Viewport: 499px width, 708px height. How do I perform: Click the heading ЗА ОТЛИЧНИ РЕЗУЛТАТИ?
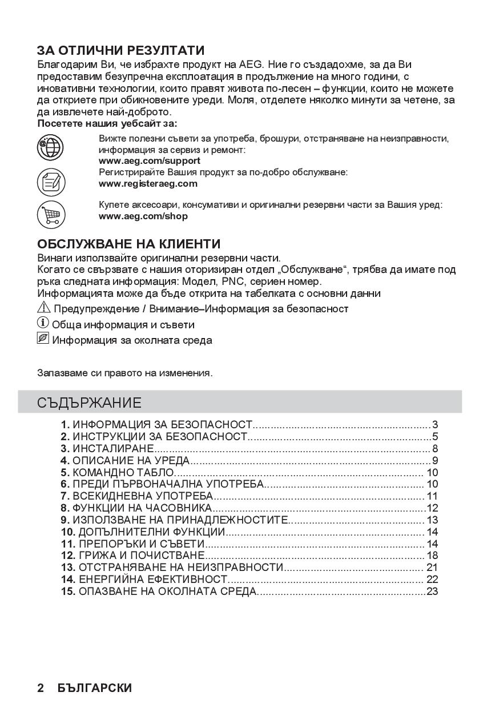click(120, 51)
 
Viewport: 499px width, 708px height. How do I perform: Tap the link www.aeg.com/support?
click(149, 161)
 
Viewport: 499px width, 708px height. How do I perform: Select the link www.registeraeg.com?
click(148, 183)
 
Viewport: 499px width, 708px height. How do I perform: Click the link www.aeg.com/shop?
click(143, 216)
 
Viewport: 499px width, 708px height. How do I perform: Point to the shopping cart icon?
click(51, 215)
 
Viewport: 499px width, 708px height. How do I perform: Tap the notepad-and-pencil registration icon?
click(51, 182)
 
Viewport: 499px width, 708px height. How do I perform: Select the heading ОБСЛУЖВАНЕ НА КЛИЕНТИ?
click(128, 244)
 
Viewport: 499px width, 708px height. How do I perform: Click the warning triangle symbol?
click(44, 308)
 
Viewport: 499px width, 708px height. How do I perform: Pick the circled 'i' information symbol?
click(43, 324)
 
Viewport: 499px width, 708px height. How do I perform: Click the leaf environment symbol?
click(43, 339)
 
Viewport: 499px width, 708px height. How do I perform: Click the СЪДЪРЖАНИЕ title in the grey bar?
click(89, 403)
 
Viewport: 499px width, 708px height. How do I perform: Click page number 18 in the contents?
click(432, 556)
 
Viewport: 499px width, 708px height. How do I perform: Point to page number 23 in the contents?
click(432, 591)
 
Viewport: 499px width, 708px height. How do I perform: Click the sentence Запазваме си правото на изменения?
click(124, 373)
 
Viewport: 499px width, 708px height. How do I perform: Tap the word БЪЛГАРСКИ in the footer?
click(94, 687)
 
